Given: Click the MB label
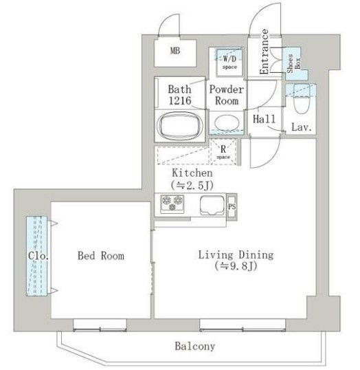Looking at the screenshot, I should (176, 51).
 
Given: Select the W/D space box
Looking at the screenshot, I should (229, 61).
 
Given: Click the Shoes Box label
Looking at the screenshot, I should (292, 64).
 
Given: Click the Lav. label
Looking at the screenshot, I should (302, 128).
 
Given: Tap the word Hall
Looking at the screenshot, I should (264, 119).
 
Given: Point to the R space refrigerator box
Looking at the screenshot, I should (224, 151).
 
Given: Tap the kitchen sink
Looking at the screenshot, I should (212, 205).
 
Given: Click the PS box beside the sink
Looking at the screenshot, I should (232, 205).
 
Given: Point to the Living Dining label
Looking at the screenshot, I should (236, 254).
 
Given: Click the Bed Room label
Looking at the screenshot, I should (100, 256).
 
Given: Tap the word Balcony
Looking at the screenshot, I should (194, 346).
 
